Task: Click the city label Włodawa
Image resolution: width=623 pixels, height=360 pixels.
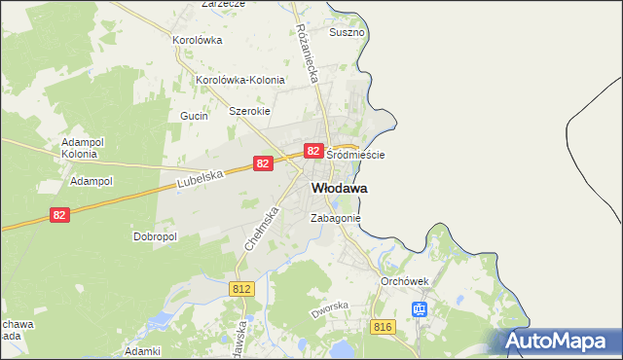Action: click(x=339, y=188)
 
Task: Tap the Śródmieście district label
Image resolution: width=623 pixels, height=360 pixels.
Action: click(x=355, y=155)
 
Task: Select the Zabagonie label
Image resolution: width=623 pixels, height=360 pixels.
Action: click(x=336, y=219)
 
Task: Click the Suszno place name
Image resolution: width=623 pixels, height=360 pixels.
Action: click(x=347, y=32)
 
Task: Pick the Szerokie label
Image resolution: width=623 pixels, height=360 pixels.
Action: click(x=248, y=111)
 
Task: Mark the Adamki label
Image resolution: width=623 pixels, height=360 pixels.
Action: click(x=142, y=349)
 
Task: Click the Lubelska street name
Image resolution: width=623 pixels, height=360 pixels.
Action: click(x=202, y=179)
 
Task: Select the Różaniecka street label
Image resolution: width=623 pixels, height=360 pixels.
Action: click(x=310, y=53)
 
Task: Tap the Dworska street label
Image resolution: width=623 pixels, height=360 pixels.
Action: click(x=329, y=310)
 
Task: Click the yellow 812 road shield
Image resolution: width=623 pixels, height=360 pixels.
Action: click(x=243, y=289)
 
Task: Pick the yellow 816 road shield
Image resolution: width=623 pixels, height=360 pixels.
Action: click(x=383, y=327)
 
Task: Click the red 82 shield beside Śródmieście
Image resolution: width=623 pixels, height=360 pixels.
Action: click(x=313, y=151)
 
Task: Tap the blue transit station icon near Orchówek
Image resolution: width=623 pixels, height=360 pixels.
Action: click(x=420, y=310)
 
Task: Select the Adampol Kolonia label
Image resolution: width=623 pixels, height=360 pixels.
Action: click(x=79, y=148)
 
